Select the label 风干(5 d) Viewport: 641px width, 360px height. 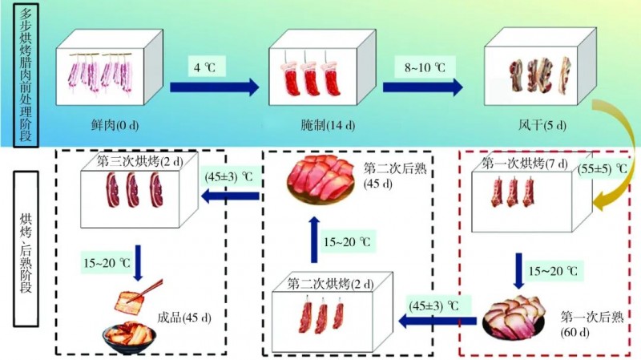click(542, 126)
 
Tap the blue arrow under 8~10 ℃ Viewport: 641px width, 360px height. click(422, 87)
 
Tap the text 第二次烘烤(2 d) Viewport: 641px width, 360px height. click(328, 283)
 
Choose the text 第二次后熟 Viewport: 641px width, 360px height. click(393, 168)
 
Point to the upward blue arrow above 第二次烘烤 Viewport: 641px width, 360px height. click(313, 240)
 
